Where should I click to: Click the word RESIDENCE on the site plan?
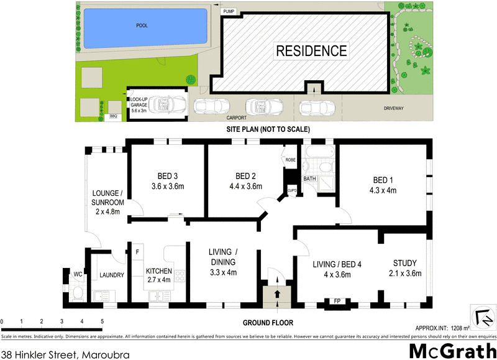pos(312,50)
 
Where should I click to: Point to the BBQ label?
pos(113,116)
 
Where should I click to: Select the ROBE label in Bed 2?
pos(290,160)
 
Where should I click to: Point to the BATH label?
pos(310,179)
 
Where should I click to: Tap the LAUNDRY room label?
pos(112,275)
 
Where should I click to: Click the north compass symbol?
pos(482,315)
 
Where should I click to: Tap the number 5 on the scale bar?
pos(102,321)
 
